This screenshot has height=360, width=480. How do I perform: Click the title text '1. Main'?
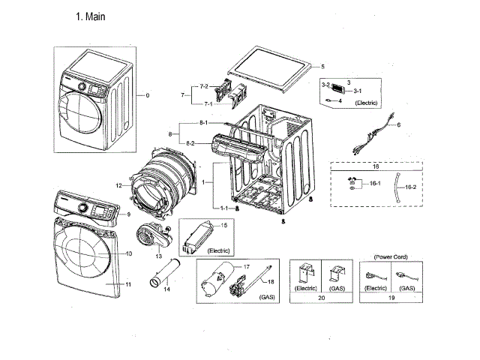pos(94,16)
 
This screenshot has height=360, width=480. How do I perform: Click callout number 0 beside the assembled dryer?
pos(148,95)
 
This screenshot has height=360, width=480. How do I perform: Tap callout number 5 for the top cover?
pos(322,67)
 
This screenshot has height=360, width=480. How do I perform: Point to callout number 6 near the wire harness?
pos(399,124)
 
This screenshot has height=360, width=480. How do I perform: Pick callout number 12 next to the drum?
pos(118,184)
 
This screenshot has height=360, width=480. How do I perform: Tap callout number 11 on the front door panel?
pos(128,285)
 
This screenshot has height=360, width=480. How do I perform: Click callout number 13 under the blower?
pos(159,256)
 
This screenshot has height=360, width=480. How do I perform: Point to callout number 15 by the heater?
pos(223,225)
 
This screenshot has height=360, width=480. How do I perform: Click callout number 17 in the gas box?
pos(247,266)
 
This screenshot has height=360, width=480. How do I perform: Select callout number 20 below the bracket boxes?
pos(322,298)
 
